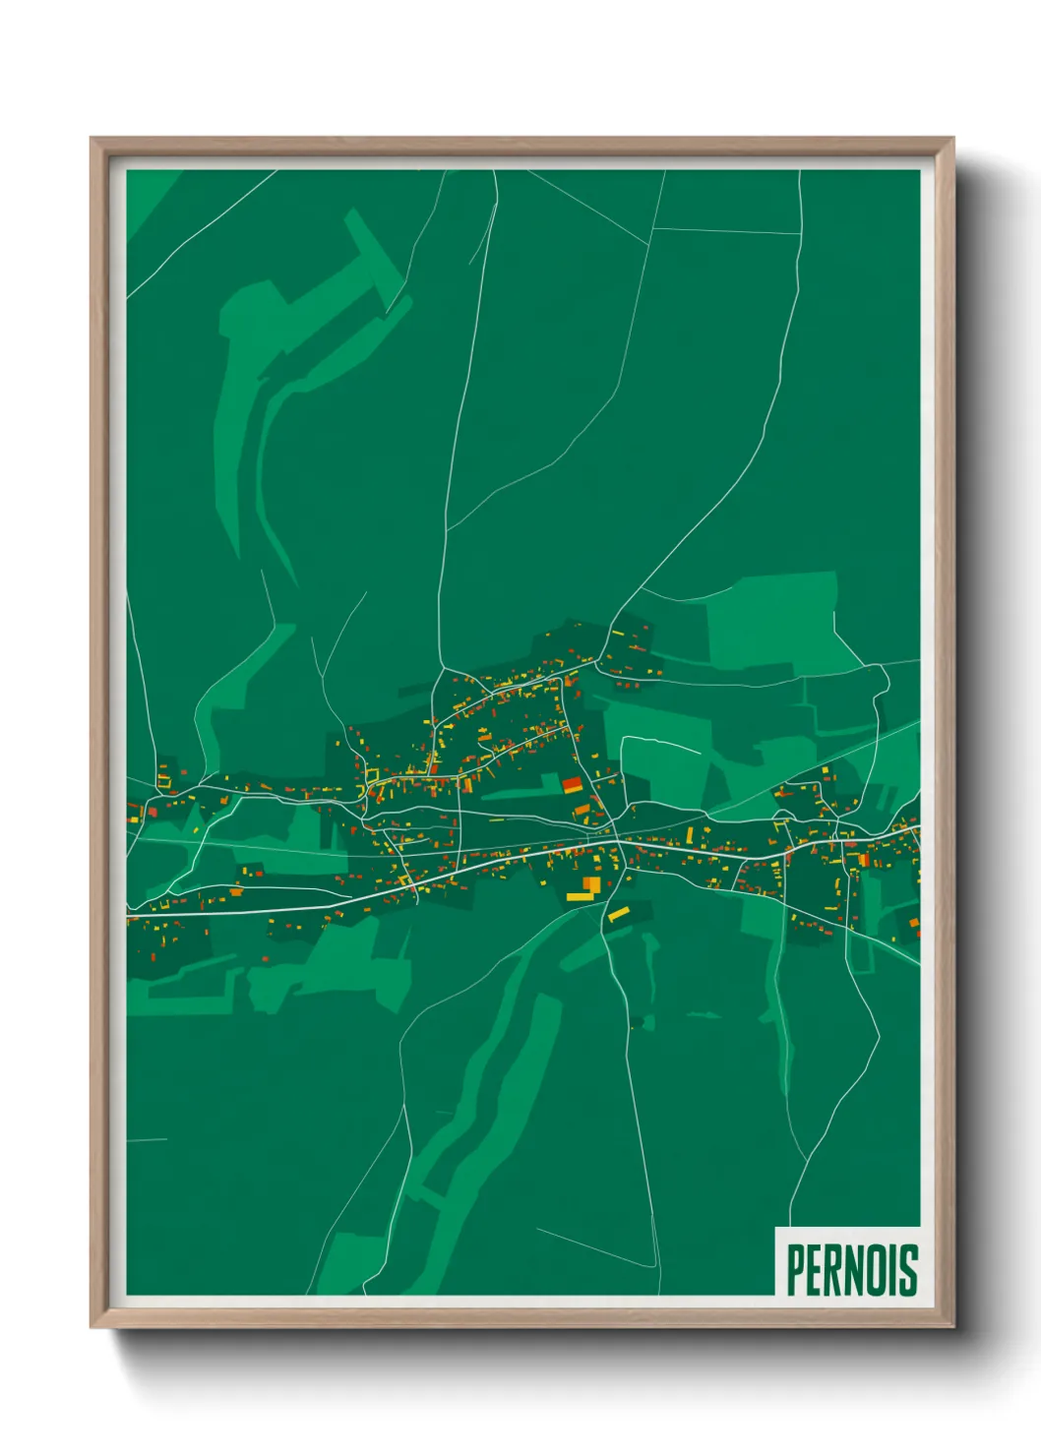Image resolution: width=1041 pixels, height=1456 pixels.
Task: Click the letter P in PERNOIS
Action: (x=795, y=1269)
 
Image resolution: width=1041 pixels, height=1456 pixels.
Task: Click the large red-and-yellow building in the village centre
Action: (x=572, y=785)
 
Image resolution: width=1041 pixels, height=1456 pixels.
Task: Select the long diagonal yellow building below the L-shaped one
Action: (x=618, y=915)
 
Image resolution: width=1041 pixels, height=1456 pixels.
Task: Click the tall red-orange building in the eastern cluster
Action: (x=863, y=860)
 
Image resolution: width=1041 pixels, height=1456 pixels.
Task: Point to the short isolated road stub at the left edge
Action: (x=147, y=1140)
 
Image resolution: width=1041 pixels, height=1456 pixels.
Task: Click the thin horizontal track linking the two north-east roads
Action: (x=726, y=231)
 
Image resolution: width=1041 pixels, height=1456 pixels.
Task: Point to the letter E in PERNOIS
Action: (x=813, y=1269)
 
